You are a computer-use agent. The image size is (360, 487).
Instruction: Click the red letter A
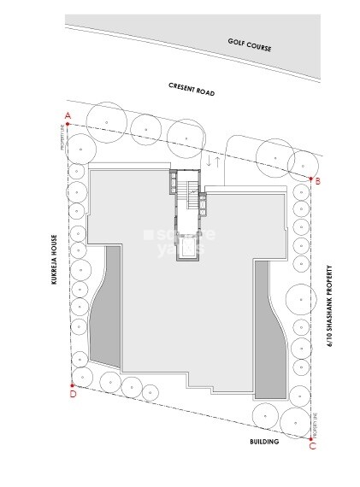pos(67,115)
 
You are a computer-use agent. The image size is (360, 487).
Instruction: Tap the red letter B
pos(317,181)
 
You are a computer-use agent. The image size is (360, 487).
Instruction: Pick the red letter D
pos(73,394)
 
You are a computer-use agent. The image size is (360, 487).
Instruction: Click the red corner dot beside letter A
pos(67,125)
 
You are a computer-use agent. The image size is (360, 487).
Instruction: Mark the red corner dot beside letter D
pos(72,385)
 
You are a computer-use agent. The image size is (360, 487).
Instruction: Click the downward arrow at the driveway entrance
pos(208,159)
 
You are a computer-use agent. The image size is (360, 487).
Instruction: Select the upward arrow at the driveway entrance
pos(218,159)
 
